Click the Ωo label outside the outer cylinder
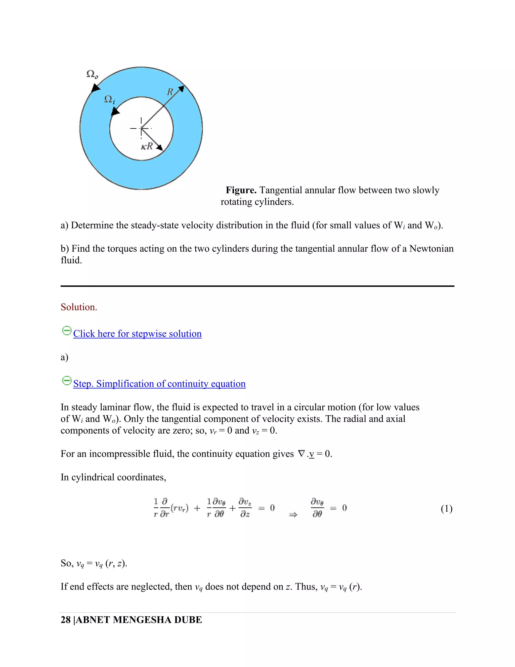coord(92,74)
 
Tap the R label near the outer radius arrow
coord(170,92)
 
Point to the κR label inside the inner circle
coord(147,146)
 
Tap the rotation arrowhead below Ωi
coord(115,112)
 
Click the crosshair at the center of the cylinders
coord(141,128)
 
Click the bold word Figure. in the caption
coord(241,190)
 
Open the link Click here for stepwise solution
coord(137,333)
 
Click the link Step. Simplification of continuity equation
coord(159,384)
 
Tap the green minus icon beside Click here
coord(66,331)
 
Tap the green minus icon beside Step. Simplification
coord(66,381)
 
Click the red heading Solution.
coord(79,307)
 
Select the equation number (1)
coord(446,508)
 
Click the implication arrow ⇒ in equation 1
coord(293,515)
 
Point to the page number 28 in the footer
coord(66,620)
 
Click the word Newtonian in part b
coord(432,249)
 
